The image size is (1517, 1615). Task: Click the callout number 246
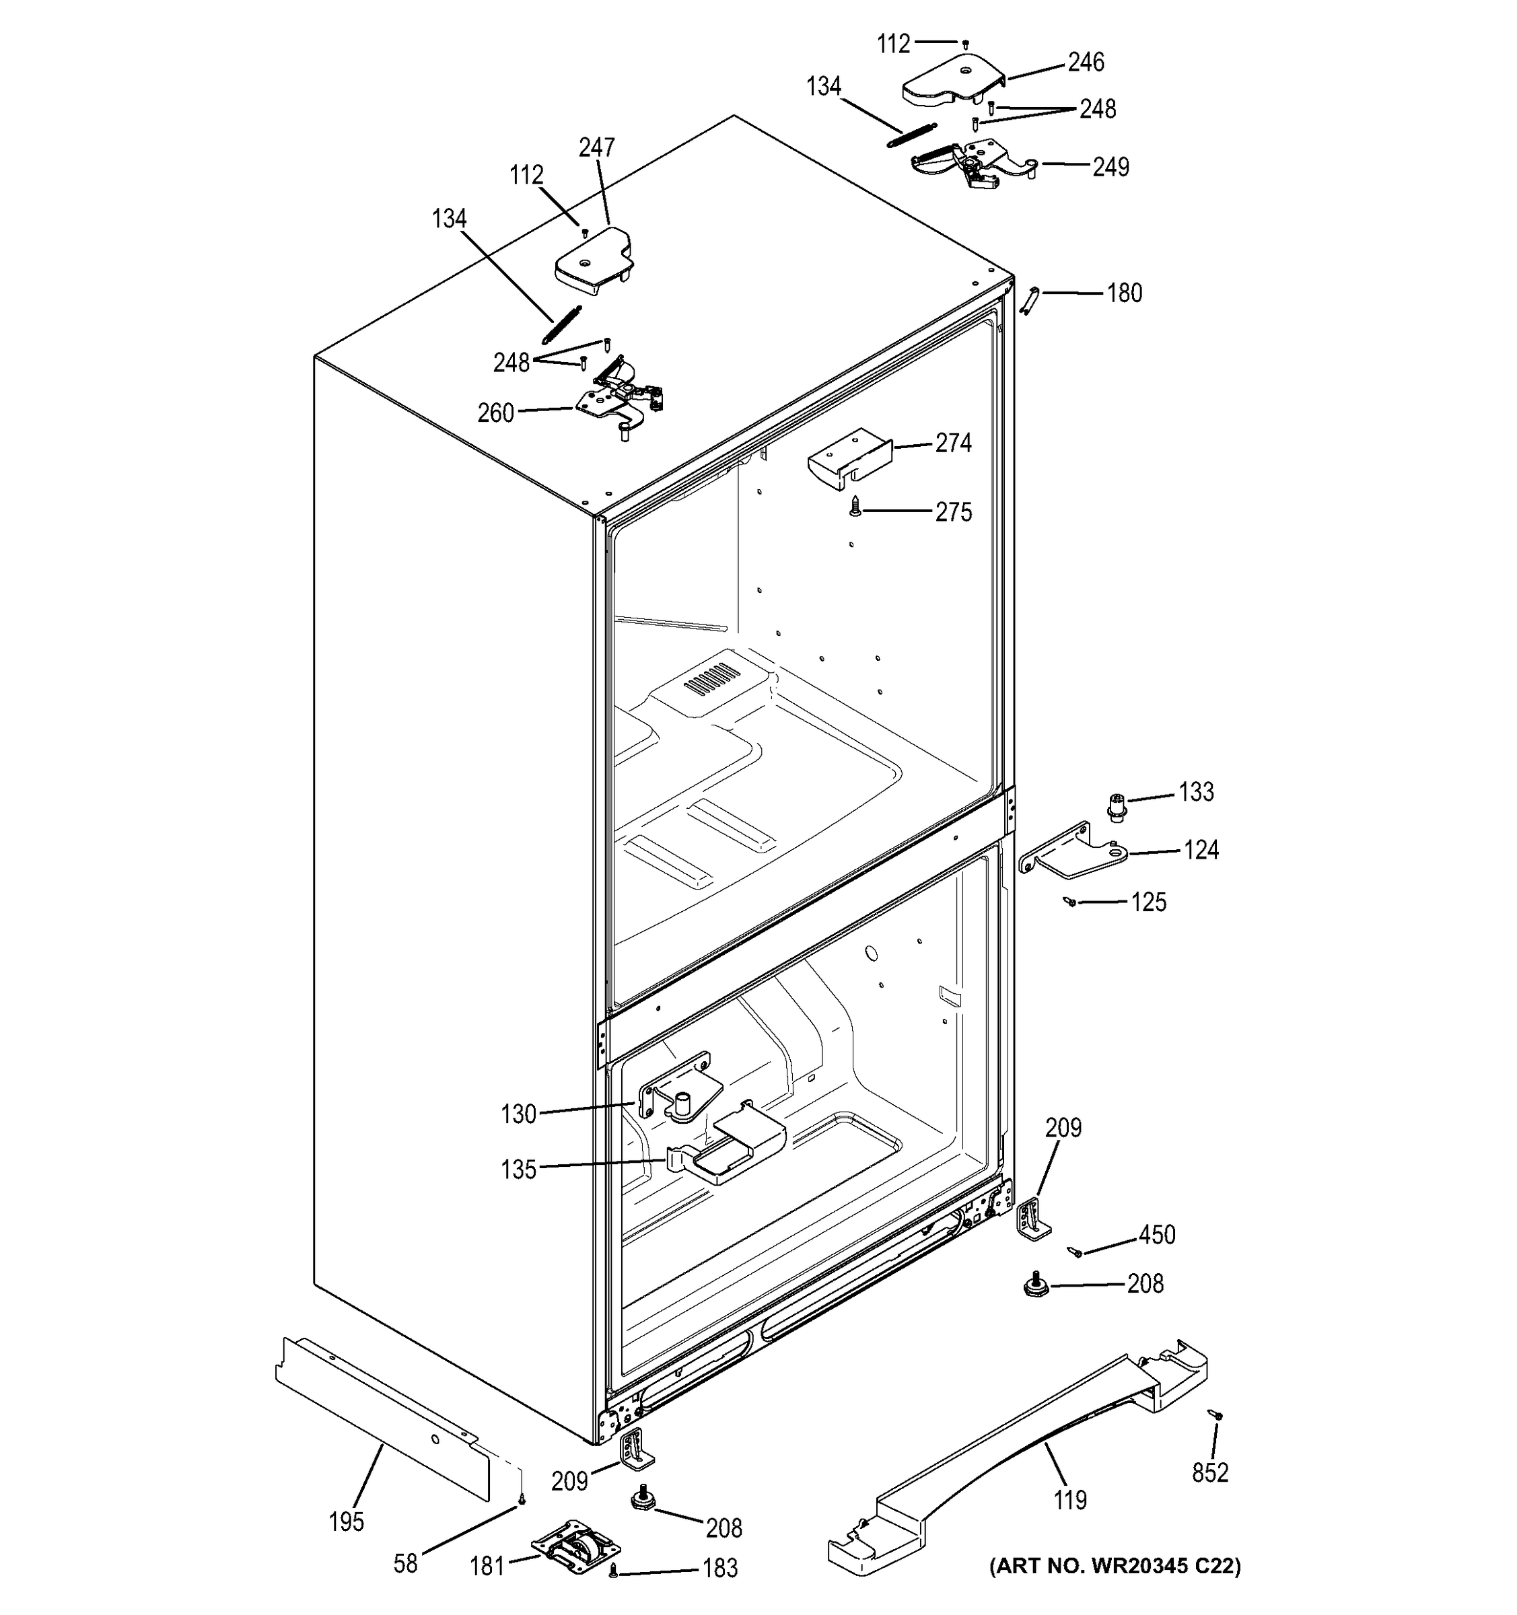click(x=1086, y=63)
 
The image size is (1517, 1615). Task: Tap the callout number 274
click(x=953, y=443)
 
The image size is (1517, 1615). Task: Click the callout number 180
click(x=1125, y=293)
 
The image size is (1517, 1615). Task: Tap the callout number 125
click(x=1148, y=902)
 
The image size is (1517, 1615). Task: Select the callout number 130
click(x=518, y=1114)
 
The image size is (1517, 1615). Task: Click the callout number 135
click(x=518, y=1170)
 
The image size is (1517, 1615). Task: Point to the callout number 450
click(x=1157, y=1235)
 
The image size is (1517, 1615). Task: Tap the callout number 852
click(x=1210, y=1472)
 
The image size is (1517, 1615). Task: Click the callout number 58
click(x=405, y=1563)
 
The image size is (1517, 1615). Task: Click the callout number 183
click(x=720, y=1568)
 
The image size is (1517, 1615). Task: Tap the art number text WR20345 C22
click(x=1115, y=1567)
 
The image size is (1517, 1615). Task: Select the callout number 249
click(x=1110, y=168)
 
